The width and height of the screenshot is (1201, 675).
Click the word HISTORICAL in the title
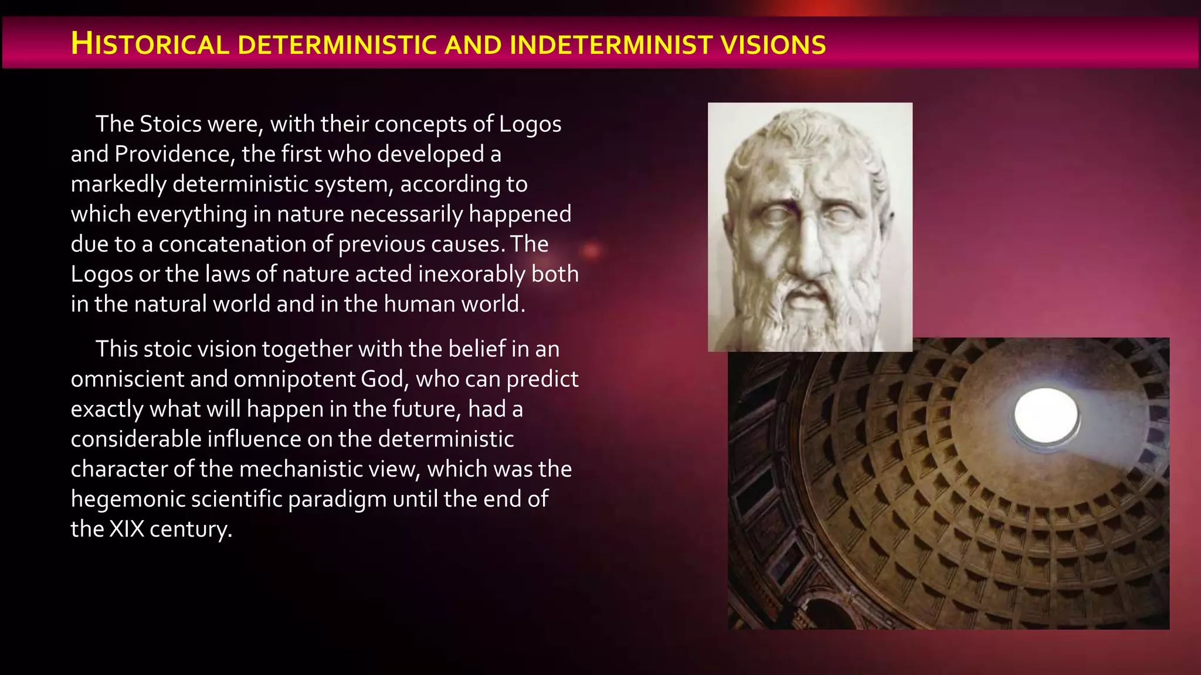tap(150, 45)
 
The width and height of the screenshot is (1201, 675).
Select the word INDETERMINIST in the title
tap(610, 45)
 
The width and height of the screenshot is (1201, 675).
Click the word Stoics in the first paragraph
tap(171, 124)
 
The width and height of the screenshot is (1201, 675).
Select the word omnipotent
tap(296, 379)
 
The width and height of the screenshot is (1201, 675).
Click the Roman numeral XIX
tap(127, 529)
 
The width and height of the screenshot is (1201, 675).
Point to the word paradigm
tap(337, 499)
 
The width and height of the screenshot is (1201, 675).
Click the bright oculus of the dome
tap(1046, 415)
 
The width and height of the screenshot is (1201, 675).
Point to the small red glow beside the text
tap(591, 251)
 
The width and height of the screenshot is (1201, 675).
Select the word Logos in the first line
tap(530, 124)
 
